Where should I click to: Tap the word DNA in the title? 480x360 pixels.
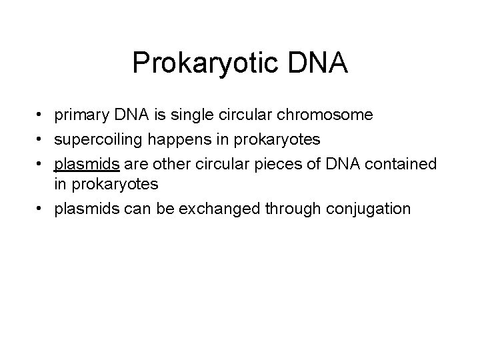[x=319, y=63]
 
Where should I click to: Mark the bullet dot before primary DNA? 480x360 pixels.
[x=41, y=116]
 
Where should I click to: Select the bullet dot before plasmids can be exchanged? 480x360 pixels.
[x=41, y=209]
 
